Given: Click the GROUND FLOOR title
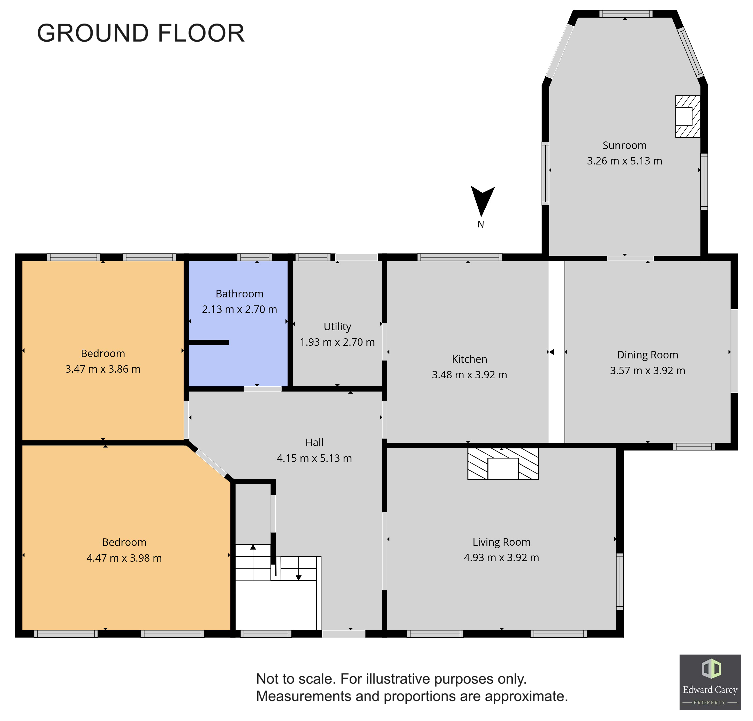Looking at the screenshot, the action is point(141,33).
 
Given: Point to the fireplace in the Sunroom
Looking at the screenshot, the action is point(687,116).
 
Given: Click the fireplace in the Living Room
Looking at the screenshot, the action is point(503,464).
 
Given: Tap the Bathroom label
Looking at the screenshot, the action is point(239,294).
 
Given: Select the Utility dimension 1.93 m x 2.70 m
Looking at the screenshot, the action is point(337,342).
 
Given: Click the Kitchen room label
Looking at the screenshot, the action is point(470,359).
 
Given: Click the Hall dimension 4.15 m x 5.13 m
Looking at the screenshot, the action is point(314,458).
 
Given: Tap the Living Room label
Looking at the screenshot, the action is point(501,542).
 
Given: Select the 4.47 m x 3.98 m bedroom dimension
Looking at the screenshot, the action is point(124,558).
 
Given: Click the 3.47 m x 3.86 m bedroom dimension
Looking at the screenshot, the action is point(103,369).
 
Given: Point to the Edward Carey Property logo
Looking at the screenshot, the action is point(710,682).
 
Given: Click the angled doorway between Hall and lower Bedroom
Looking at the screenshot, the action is point(211,463).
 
